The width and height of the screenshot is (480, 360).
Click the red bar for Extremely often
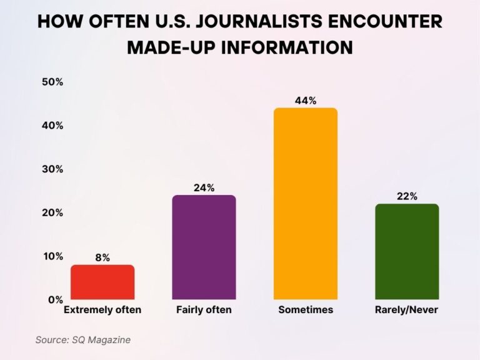[x=102, y=282]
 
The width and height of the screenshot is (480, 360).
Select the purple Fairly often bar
[x=204, y=247]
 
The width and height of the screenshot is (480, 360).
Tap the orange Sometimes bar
[x=306, y=204]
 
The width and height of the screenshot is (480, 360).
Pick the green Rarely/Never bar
[x=407, y=252]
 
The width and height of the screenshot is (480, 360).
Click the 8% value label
[x=102, y=257]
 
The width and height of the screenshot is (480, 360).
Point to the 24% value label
[x=204, y=187]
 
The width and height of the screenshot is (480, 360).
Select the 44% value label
[x=306, y=100]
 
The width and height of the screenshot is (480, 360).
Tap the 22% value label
[x=407, y=196]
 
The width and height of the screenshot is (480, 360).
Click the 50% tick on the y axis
[x=52, y=82]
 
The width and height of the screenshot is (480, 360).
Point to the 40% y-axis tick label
[x=52, y=126]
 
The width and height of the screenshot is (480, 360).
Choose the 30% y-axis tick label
[x=52, y=169]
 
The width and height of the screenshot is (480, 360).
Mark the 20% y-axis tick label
[x=52, y=212]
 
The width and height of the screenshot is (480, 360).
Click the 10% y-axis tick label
[x=52, y=256]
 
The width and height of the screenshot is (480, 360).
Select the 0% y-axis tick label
[x=55, y=299]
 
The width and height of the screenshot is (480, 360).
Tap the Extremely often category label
[x=102, y=310]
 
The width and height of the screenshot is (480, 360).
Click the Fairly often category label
[x=204, y=310]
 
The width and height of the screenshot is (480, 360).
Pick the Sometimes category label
[x=306, y=310]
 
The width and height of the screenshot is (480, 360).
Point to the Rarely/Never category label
[x=407, y=310]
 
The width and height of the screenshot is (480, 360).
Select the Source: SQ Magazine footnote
[x=82, y=340]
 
